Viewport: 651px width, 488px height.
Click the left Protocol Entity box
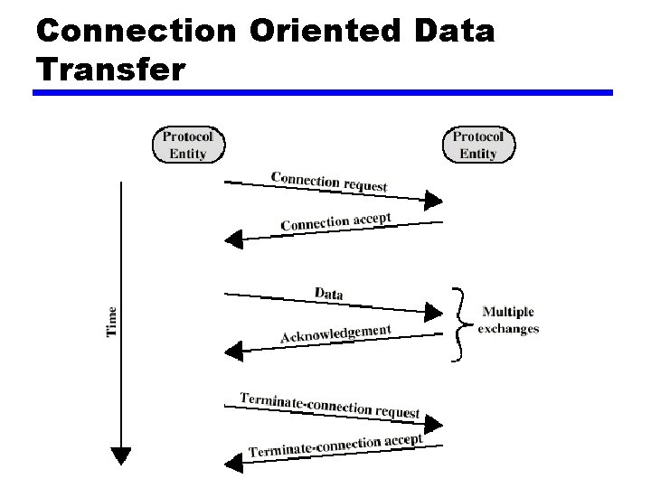click(187, 145)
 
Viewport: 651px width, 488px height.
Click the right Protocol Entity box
click(477, 145)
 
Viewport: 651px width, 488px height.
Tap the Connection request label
click(329, 181)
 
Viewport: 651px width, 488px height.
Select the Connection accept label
click(335, 221)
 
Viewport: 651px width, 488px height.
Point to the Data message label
click(328, 293)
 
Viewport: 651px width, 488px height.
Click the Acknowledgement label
click(335, 333)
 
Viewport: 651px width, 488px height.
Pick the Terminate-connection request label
click(330, 405)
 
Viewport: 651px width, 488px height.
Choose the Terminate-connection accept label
click(335, 445)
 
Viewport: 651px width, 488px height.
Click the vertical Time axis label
click(112, 322)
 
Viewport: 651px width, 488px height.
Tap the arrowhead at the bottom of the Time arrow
click(120, 456)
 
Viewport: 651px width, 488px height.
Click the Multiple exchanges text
click(508, 321)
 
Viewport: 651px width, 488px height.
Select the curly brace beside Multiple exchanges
click(461, 324)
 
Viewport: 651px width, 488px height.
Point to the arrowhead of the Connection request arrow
click(434, 200)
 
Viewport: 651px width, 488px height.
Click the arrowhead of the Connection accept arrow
click(233, 239)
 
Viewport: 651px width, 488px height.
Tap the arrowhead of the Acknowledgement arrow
click(233, 349)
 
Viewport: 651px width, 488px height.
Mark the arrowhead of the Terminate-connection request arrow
click(434, 423)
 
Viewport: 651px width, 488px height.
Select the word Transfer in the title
click(111, 68)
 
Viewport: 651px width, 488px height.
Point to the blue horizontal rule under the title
click(323, 92)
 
